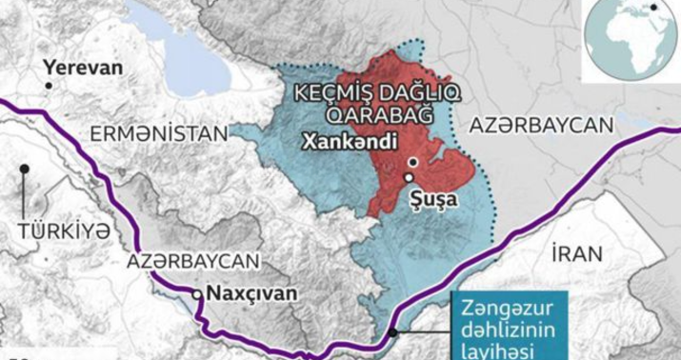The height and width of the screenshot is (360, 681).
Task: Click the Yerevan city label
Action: pos(82,69)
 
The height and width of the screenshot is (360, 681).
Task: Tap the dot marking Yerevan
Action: pos(48,86)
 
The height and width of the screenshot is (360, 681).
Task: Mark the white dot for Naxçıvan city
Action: pos(197,295)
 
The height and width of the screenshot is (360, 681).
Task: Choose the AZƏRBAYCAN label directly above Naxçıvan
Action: pos(193,260)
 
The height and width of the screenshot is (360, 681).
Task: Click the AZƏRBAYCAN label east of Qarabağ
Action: pos(538,126)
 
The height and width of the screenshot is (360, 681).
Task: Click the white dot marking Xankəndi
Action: pos(411,163)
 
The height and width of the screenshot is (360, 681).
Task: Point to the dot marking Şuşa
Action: pos(408,178)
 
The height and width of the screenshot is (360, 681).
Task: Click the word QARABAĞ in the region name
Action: pos(372,114)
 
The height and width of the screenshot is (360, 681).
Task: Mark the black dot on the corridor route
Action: pos(393,332)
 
